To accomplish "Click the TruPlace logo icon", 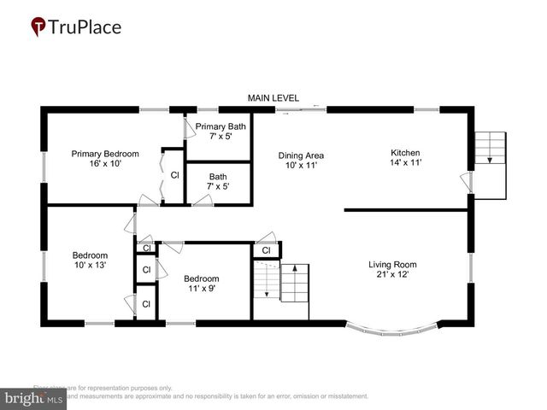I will click(x=38, y=27).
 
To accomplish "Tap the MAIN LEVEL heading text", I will click(x=273, y=98).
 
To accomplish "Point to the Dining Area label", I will click(x=301, y=155).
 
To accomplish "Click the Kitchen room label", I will click(x=406, y=153).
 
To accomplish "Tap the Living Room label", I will click(x=393, y=265).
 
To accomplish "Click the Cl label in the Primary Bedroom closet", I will click(x=174, y=175).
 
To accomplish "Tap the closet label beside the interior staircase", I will click(x=267, y=250).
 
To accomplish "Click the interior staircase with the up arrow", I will click(x=282, y=283).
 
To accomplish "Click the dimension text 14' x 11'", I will click(x=406, y=161).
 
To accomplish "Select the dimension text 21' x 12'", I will click(x=393, y=276).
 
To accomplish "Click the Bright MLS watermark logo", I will click(x=34, y=398).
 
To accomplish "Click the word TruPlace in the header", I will click(x=86, y=27).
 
